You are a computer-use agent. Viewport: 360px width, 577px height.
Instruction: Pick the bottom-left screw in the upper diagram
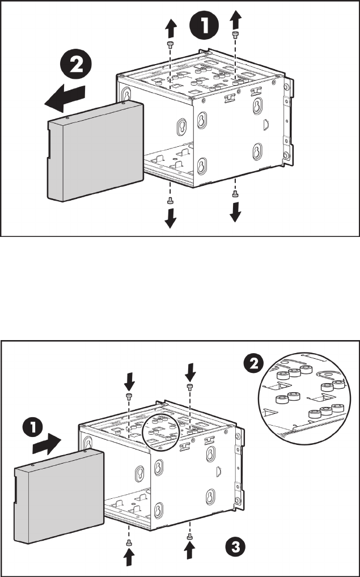(170, 201)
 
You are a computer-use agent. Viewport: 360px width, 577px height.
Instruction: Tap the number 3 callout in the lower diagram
(231, 545)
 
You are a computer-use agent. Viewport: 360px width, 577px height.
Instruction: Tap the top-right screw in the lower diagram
(189, 387)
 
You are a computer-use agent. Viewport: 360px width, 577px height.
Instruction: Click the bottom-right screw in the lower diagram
(189, 537)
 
